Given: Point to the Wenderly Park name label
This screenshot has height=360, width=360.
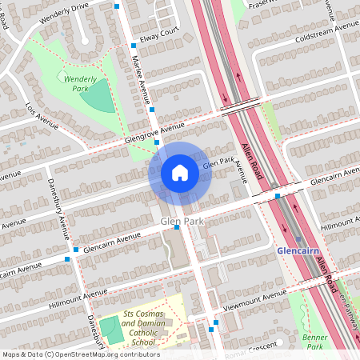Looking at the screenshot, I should (79, 83).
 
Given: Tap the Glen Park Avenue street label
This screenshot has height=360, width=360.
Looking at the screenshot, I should (224, 166).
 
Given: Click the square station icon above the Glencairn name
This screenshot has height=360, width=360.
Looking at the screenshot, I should (298, 239).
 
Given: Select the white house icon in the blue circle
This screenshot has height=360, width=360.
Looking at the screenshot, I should (180, 173).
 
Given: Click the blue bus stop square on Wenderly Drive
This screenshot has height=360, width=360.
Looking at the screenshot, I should (117, 6).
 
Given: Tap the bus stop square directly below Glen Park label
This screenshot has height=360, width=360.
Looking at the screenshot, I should (176, 228).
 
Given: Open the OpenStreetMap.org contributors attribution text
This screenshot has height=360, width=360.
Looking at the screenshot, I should (112, 354).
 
